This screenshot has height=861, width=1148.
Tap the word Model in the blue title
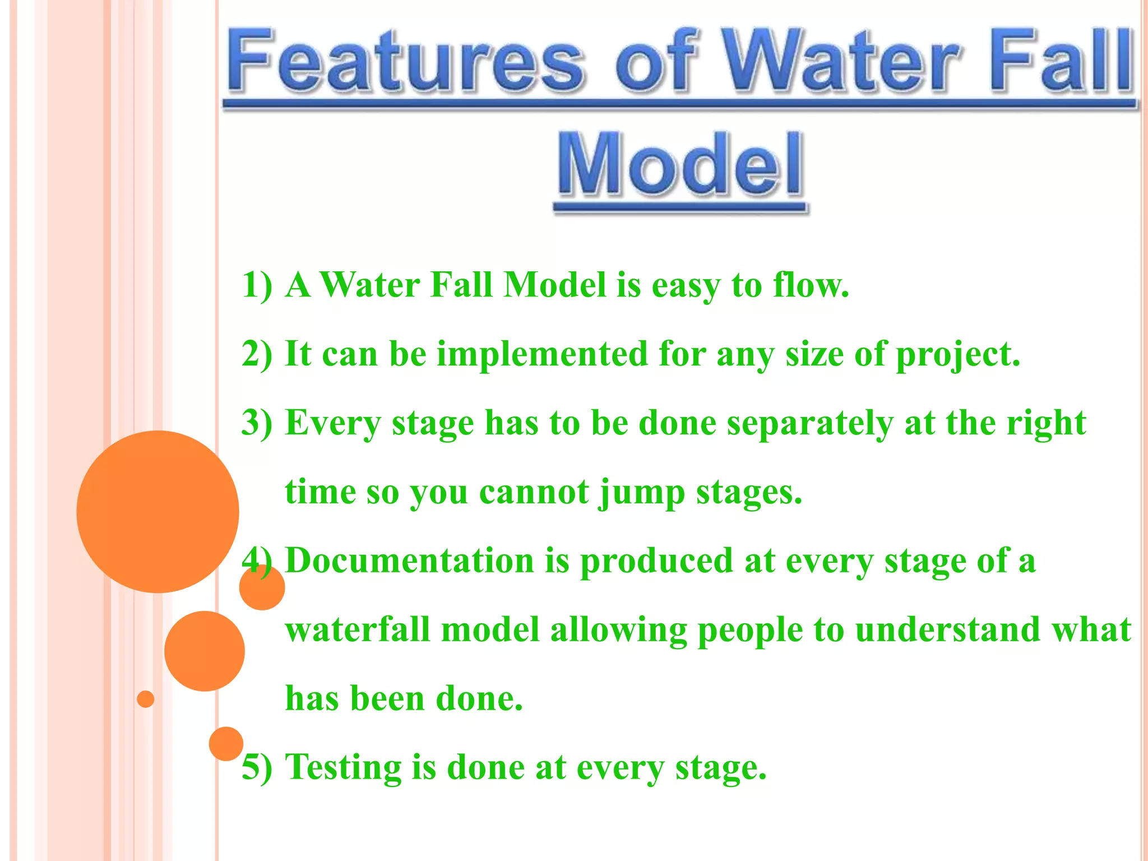(x=681, y=165)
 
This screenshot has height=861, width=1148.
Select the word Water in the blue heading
(x=841, y=62)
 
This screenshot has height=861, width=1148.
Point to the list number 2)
(x=257, y=354)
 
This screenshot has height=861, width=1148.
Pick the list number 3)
(x=257, y=423)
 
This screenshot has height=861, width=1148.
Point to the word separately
(x=810, y=424)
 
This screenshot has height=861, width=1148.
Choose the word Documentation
(x=410, y=561)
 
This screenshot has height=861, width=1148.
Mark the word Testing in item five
(x=343, y=768)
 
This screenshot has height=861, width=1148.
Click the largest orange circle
(x=158, y=511)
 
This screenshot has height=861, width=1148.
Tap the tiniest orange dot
(x=146, y=699)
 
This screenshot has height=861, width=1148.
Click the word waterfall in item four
(x=358, y=629)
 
